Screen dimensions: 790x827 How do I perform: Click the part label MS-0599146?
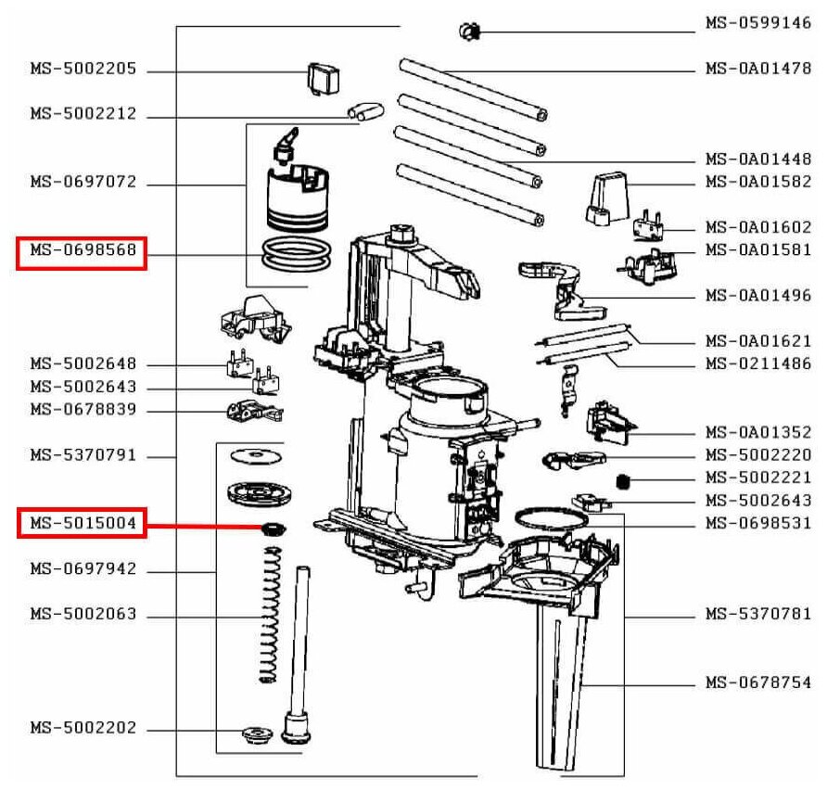[x=757, y=23]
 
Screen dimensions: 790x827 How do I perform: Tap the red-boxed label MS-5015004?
[x=83, y=525]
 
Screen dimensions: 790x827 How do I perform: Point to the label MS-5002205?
[x=83, y=69]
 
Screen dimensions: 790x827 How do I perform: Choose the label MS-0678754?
[x=757, y=683]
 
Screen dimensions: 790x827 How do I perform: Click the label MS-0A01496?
[x=757, y=296]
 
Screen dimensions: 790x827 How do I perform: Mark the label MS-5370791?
[x=83, y=455]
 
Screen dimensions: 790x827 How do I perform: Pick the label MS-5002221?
[x=757, y=478]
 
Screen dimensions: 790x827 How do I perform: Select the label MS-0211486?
[x=757, y=363]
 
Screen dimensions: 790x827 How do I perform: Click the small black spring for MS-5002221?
[x=624, y=480]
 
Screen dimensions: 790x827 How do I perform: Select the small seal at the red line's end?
[x=273, y=529]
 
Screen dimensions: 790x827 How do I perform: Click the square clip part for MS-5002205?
[x=321, y=78]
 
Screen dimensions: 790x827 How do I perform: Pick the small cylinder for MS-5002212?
[x=364, y=114]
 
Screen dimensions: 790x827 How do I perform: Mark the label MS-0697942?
[x=83, y=569]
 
